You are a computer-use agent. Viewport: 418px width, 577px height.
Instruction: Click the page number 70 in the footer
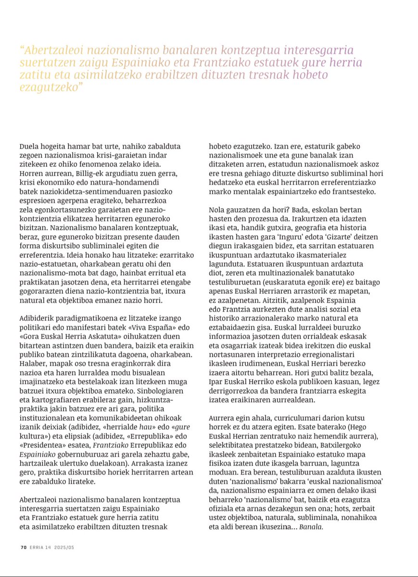click(23, 547)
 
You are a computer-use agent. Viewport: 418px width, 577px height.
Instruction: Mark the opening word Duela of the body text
click(29, 147)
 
